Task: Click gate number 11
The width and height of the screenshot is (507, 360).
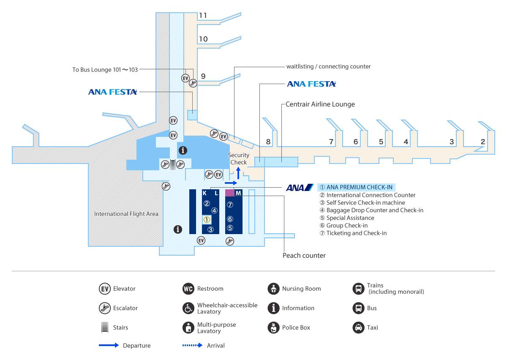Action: [203, 16]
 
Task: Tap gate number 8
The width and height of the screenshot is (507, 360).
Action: [268, 142]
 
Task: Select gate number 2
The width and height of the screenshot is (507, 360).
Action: [482, 142]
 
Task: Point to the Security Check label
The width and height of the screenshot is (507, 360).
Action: [238, 159]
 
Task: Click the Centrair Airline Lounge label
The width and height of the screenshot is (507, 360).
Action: [320, 104]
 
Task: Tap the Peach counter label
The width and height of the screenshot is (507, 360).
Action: [304, 256]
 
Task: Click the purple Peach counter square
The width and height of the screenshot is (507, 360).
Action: [229, 193]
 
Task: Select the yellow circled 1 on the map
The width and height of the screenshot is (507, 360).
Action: [207, 220]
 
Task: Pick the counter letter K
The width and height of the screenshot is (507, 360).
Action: [205, 193]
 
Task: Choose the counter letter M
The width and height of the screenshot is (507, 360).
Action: [238, 193]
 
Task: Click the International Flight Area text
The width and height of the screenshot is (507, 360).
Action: [126, 214]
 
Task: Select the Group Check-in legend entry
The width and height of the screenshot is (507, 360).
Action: [347, 226]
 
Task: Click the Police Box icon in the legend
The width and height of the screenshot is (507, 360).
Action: [274, 327]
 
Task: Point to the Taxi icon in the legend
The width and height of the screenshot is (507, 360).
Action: [358, 327]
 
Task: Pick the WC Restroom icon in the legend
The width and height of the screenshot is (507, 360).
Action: [188, 289]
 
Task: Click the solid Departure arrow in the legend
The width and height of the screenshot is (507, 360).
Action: [109, 346]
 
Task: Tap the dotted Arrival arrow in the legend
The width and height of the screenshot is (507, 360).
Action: [193, 346]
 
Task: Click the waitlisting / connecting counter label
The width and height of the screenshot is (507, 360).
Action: [328, 66]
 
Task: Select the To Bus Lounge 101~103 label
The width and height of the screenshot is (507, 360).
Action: [105, 70]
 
